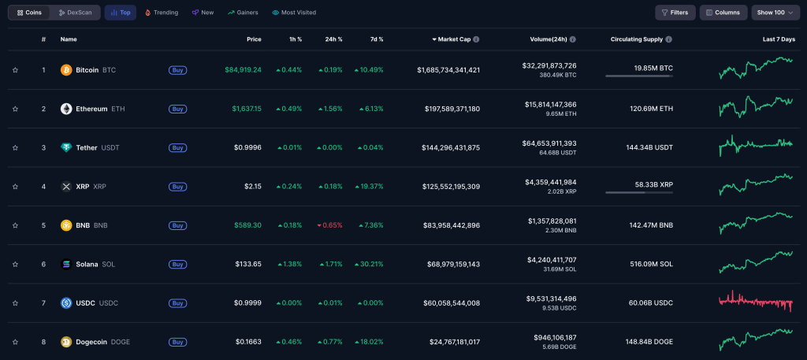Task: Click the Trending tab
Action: (x=162, y=13)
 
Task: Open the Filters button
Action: (x=675, y=13)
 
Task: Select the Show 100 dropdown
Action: (x=775, y=13)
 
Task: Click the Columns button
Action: (x=723, y=13)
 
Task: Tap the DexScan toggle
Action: (x=75, y=13)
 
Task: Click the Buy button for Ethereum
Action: (x=178, y=109)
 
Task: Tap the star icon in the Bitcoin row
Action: (x=15, y=70)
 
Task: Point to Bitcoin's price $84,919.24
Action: (x=243, y=70)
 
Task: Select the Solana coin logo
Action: (x=66, y=264)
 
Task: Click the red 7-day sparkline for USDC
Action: (x=756, y=302)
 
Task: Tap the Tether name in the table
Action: (x=88, y=147)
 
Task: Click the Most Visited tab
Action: (x=294, y=13)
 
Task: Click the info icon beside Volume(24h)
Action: (x=573, y=39)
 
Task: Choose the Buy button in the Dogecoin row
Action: (x=178, y=342)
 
